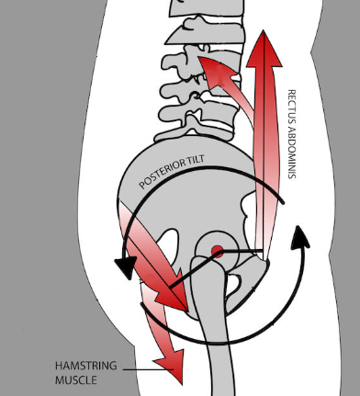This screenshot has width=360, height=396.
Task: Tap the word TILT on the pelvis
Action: pos(196,160)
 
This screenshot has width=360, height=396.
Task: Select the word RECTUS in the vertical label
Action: pos(292,106)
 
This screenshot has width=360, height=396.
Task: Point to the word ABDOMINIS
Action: pos(292,152)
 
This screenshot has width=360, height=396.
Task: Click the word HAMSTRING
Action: pos(86,366)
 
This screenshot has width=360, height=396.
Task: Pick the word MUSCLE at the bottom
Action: pos(76,380)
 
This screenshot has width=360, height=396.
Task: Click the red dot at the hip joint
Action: pos(217,251)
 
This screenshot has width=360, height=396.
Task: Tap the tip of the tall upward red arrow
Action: pos(264,30)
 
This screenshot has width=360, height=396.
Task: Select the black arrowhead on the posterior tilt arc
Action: pos(125,266)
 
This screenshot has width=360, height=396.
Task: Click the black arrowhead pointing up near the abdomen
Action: pos(300,237)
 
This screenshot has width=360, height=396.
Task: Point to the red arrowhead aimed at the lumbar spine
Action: pos(217,71)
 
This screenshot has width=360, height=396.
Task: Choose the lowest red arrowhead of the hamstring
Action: pos(172,366)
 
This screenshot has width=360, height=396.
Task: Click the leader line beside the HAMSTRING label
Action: pos(148,369)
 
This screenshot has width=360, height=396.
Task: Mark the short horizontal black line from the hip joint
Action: pos(242,251)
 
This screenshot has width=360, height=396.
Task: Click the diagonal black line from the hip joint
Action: pos(195,269)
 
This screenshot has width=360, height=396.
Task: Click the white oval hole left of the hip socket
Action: pos(168,246)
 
